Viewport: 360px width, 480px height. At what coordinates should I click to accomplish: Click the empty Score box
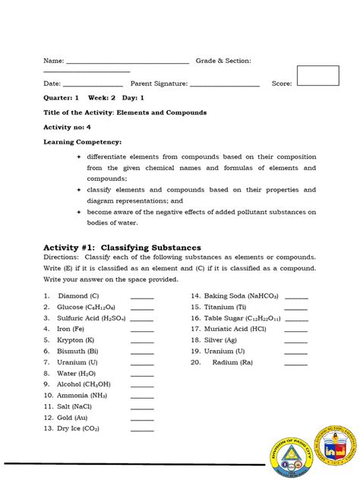pyautogui.click(x=317, y=77)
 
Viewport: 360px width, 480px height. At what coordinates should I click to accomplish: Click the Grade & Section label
pyautogui.click(x=223, y=61)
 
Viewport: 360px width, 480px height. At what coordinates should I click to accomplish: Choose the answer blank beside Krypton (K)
pyautogui.click(x=142, y=341)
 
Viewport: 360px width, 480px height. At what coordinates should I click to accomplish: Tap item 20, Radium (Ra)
pyautogui.click(x=233, y=363)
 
